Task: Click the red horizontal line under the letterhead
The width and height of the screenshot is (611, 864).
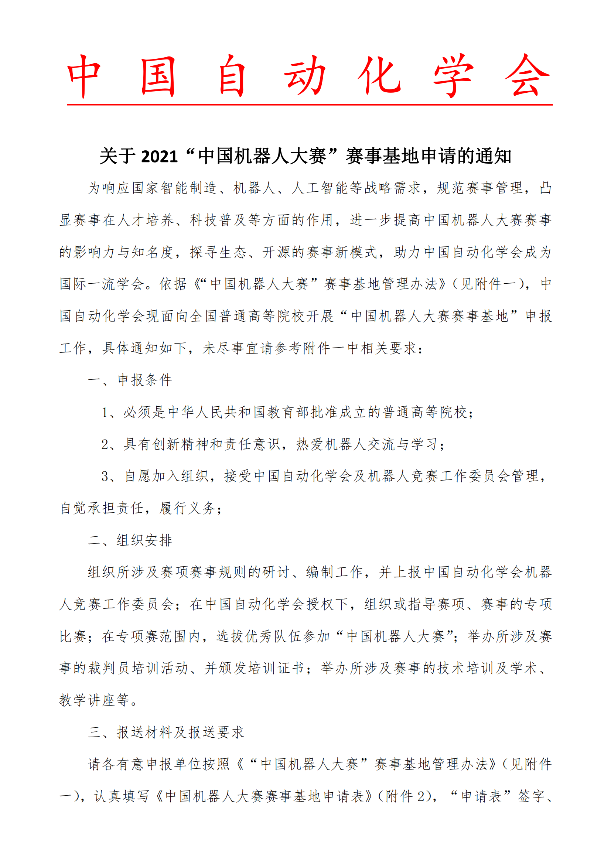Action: pyautogui.click(x=309, y=105)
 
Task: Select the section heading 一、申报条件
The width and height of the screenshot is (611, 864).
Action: pyautogui.click(x=130, y=380)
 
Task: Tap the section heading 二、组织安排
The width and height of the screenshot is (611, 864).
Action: pyautogui.click(x=130, y=540)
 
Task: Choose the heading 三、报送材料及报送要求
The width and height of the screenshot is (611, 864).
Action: pyautogui.click(x=166, y=732)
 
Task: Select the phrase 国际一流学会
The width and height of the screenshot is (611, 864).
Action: pyautogui.click(x=102, y=284)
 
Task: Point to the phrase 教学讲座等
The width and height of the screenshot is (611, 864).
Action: pyautogui.click(x=94, y=700)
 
